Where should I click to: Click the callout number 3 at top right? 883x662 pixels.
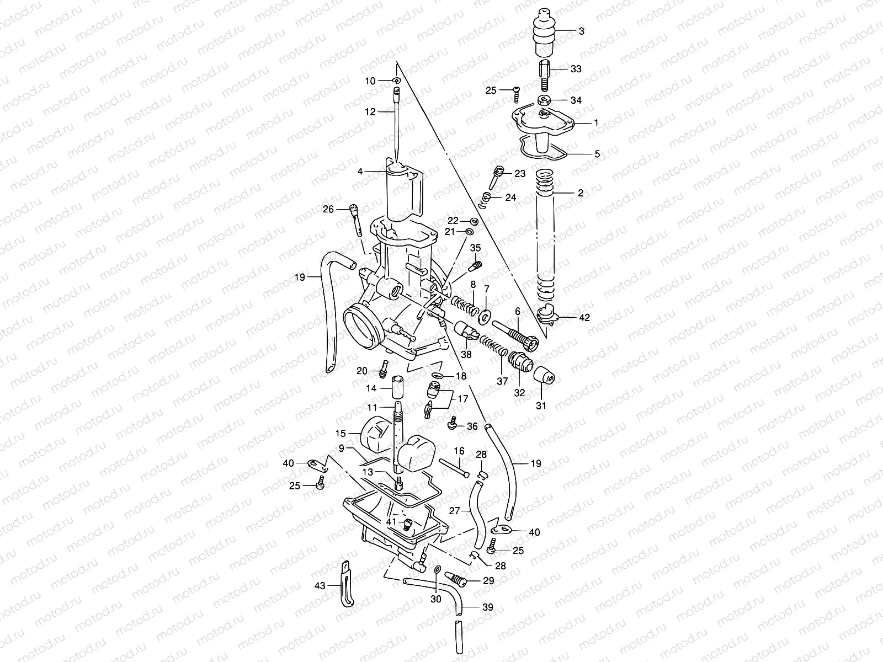(581, 31)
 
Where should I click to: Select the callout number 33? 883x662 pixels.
(576, 69)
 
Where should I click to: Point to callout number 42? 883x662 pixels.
(584, 318)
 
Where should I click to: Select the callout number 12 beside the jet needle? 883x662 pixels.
(370, 111)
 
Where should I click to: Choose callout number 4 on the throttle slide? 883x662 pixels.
(360, 172)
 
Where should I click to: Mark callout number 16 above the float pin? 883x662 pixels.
(459, 451)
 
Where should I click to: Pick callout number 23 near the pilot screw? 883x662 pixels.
(520, 173)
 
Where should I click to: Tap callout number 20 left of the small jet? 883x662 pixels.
(361, 371)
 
